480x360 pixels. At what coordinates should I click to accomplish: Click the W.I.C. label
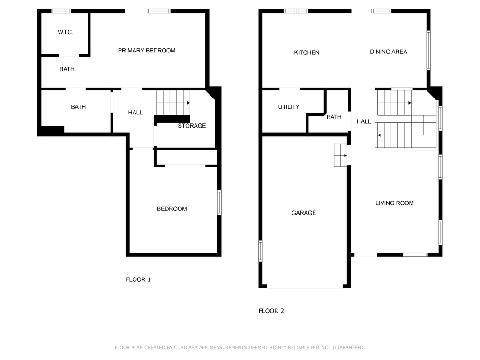(x=66, y=32)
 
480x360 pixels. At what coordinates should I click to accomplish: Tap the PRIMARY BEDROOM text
(x=147, y=51)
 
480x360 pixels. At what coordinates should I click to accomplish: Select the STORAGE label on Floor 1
(x=192, y=126)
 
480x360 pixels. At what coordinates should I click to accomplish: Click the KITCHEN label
(x=307, y=52)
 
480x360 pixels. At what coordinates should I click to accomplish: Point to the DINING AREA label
(x=389, y=52)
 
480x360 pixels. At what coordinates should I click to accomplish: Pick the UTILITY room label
(x=289, y=107)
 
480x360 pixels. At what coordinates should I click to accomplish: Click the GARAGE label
(x=304, y=213)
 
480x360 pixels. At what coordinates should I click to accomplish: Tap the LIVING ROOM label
(x=395, y=203)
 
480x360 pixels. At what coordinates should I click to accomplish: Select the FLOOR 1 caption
(x=138, y=279)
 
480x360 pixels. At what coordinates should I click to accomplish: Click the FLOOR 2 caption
(x=271, y=311)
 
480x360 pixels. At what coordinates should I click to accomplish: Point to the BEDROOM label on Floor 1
(x=172, y=209)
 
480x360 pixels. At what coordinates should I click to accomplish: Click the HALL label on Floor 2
(x=364, y=121)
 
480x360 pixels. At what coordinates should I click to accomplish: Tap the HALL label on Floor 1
(x=135, y=112)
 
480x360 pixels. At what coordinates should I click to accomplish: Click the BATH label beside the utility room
(x=334, y=117)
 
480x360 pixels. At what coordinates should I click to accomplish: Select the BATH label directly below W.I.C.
(x=67, y=69)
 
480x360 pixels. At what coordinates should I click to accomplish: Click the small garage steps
(x=340, y=156)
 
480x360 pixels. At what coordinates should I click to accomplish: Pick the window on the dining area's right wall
(x=428, y=51)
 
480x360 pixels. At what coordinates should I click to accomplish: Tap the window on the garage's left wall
(x=261, y=251)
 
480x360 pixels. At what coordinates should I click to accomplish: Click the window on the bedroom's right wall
(x=219, y=202)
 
